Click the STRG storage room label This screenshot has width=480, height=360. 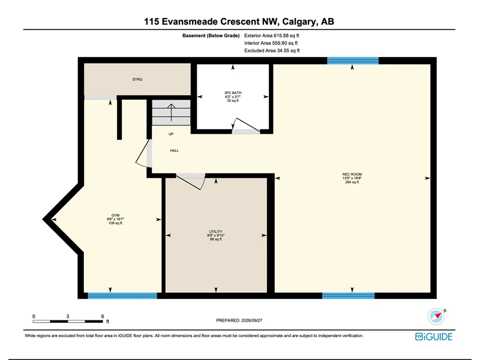pos(137,80)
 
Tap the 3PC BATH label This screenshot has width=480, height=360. pos(233,93)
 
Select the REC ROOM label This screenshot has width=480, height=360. pos(352,175)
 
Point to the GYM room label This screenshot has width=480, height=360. pos(115,215)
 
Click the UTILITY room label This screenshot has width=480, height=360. pos(216,232)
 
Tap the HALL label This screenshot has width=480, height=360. pos(175,151)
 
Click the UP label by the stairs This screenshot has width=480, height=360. pos(171,134)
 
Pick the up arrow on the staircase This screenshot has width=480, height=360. pos(171,112)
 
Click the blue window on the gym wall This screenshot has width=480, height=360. pos(122,296)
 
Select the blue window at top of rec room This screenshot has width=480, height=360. pos(353,61)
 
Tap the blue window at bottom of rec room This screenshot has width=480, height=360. pos(349,296)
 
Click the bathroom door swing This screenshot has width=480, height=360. pos(246,125)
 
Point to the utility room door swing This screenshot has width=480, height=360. pos(191,182)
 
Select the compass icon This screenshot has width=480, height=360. pos(436,316)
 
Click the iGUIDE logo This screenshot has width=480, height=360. pos(433,337)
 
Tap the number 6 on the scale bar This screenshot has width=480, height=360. pos(103,316)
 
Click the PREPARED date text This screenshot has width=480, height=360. pos(239,320)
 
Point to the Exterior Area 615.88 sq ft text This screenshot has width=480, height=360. pos(272,35)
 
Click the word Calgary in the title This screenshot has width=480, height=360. pos(298,22)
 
